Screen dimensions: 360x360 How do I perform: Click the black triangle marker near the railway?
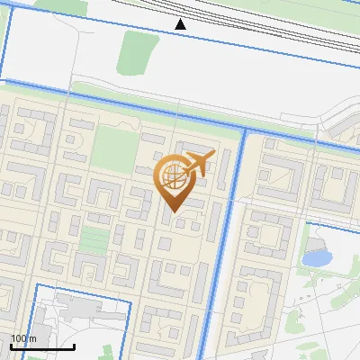tap(181, 24)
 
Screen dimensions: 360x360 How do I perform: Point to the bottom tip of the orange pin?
tap(174, 211)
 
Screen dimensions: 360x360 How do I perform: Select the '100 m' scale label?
tap(23, 338)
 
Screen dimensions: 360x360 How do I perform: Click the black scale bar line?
tap(41, 346)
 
